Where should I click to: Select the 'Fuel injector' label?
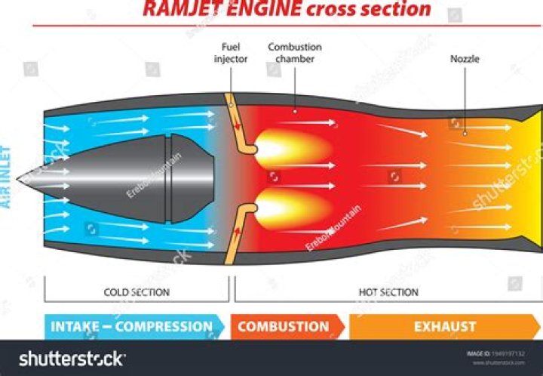click(x=230, y=53)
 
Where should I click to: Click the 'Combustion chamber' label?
click(x=295, y=53)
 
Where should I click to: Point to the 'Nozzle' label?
click(x=465, y=58)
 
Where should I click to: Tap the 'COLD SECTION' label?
click(x=136, y=291)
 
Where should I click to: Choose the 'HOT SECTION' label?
click(x=388, y=291)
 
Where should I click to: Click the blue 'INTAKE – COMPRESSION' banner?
click(x=132, y=327)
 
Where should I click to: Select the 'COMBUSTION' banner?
click(x=284, y=327)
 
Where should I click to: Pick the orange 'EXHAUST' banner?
click(x=445, y=327)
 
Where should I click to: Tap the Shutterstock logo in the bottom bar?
click(x=72, y=359)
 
